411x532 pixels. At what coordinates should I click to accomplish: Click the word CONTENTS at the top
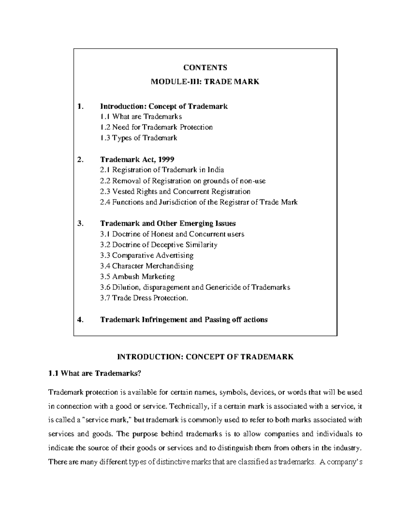tap(205, 67)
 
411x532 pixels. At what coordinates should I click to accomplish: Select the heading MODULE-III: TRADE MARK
tap(205, 82)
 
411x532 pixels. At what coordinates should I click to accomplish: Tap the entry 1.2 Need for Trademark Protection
tap(156, 127)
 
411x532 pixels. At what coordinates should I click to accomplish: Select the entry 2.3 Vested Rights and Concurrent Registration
tap(175, 191)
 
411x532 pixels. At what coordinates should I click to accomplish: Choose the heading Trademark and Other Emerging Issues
tap(168, 223)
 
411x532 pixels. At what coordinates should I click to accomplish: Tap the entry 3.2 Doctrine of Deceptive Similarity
tap(159, 245)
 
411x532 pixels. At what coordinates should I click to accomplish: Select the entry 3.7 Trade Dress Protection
tap(144, 298)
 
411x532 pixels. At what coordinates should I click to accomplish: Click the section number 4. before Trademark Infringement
tap(80, 320)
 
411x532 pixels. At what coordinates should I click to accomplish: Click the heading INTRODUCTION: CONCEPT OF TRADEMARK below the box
tap(205, 357)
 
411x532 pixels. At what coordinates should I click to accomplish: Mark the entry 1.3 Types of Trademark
tap(138, 138)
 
